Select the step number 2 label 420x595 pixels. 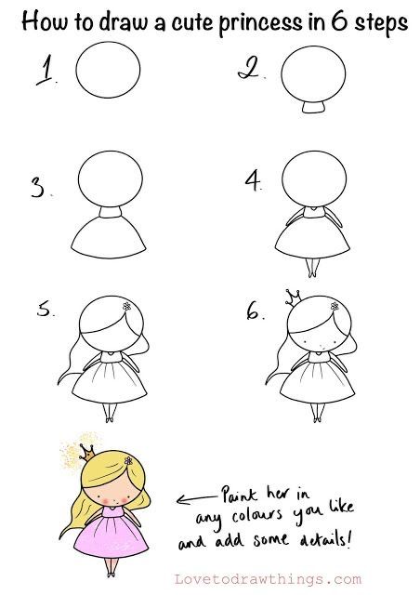[246, 68]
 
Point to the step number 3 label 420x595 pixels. [40, 190]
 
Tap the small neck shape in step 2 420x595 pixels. [315, 110]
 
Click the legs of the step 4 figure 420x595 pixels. [314, 268]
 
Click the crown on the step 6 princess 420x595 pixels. [292, 297]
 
